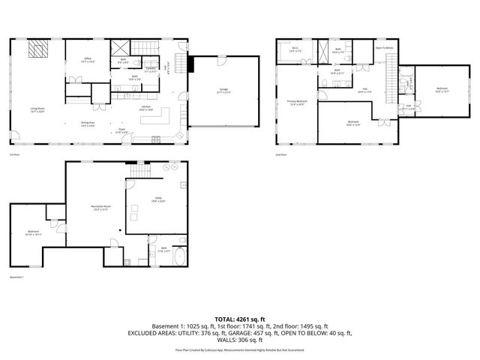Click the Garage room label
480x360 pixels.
[223, 91]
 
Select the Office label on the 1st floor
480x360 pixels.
[88, 60]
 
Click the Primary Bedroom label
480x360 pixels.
[297, 102]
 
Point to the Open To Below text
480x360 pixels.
[385, 47]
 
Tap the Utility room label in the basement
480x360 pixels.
[158, 199]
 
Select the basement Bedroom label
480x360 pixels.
[34, 232]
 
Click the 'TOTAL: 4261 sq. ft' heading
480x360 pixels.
[240, 319]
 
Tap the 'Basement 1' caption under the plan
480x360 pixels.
[17, 277]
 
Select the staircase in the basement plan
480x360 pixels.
[141, 172]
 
